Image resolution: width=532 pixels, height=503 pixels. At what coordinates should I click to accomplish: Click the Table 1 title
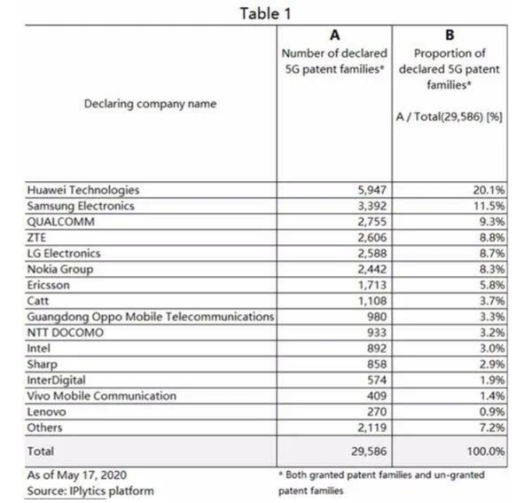(265, 13)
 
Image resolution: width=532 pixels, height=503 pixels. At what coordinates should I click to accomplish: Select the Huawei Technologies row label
(82, 190)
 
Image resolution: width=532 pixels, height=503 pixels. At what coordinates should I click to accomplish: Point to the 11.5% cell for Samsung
(489, 205)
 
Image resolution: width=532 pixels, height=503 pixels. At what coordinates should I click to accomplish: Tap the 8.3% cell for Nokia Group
(489, 268)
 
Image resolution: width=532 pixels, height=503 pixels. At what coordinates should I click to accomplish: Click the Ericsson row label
(51, 284)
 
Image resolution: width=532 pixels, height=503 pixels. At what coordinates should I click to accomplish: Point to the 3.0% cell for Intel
(489, 349)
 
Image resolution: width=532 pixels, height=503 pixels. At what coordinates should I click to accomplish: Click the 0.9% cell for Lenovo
(489, 413)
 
